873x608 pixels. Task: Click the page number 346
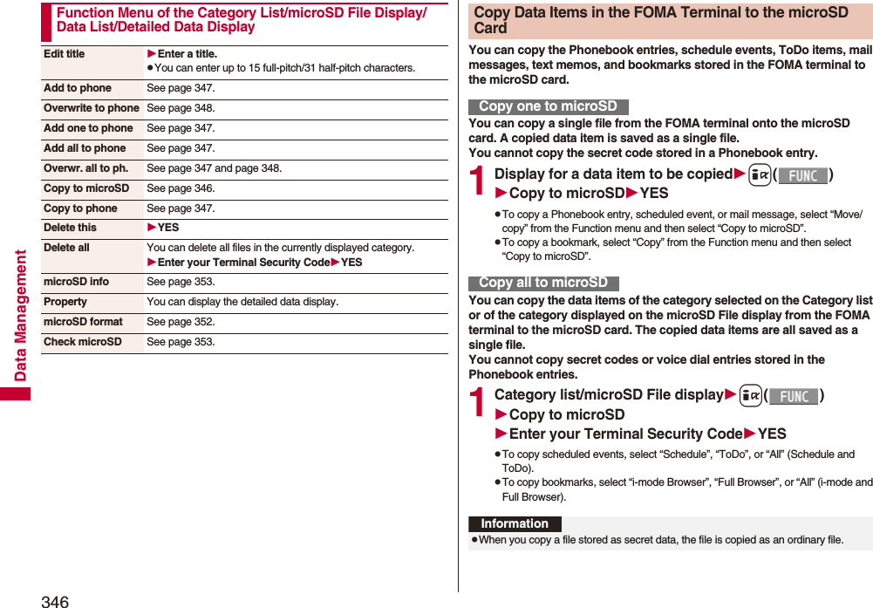(54, 600)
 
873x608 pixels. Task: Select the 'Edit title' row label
(65, 54)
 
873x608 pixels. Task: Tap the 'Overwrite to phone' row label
(92, 108)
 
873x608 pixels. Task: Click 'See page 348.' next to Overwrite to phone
(181, 108)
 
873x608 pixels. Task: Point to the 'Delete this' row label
(71, 228)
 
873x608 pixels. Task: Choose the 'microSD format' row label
(83, 322)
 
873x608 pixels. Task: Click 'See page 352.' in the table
(181, 322)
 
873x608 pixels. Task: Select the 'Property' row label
(65, 302)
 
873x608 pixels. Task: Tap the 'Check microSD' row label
(83, 342)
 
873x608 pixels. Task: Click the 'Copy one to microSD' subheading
(548, 106)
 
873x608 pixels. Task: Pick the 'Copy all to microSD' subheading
(543, 283)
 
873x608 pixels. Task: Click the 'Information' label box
(515, 523)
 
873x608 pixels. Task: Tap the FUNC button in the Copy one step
(802, 175)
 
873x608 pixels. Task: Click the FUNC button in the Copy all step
(794, 396)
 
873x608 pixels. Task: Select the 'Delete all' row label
(66, 248)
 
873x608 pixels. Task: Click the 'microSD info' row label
(77, 282)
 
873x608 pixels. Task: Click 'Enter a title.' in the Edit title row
(187, 54)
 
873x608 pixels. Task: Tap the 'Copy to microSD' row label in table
(86, 188)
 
